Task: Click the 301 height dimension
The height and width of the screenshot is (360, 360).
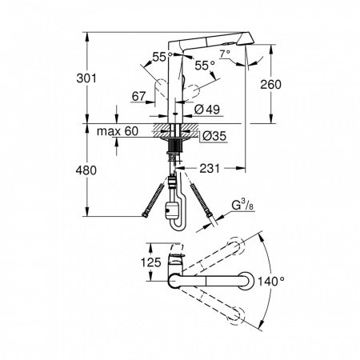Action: [x=96, y=78]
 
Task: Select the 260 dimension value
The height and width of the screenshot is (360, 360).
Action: [x=270, y=85]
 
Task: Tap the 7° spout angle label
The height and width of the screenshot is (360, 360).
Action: [x=226, y=54]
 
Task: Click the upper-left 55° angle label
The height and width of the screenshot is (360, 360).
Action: [x=161, y=57]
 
